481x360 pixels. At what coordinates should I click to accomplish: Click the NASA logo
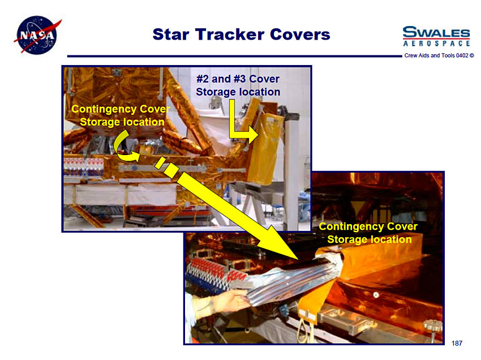(37, 35)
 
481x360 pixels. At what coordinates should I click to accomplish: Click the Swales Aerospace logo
(436, 36)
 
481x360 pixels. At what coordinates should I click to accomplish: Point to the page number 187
(457, 344)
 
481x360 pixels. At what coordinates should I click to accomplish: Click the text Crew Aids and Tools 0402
(436, 55)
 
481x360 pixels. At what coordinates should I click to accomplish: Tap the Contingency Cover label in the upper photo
(121, 115)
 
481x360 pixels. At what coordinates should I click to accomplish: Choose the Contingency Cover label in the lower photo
(368, 233)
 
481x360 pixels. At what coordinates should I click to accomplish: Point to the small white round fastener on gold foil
(376, 295)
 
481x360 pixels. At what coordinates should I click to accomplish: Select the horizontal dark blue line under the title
(234, 56)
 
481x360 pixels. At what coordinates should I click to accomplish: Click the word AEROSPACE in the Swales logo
(436, 44)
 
